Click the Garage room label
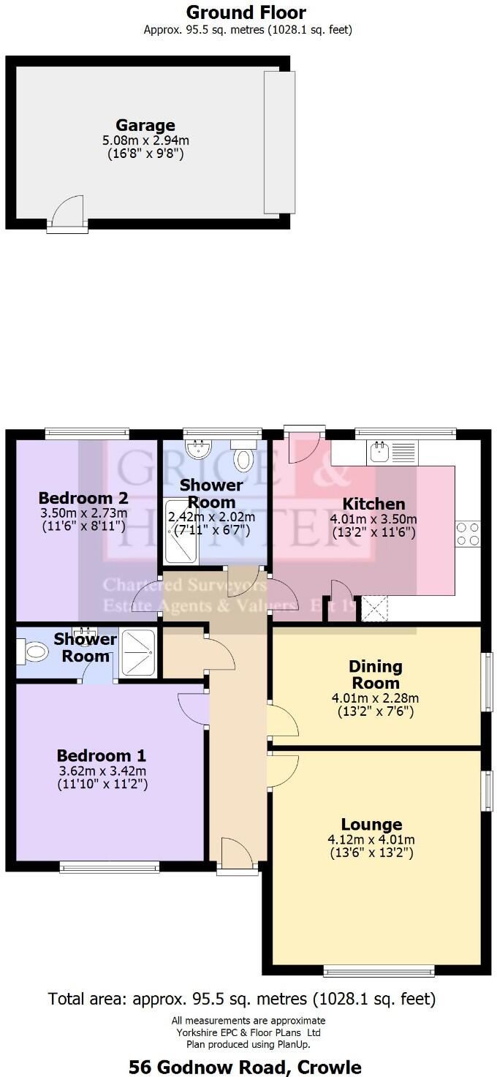click(x=145, y=125)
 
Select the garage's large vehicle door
click(x=280, y=142)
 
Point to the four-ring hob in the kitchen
click(x=468, y=534)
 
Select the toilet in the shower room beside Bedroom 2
click(x=243, y=458)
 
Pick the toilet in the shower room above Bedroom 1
click(x=34, y=650)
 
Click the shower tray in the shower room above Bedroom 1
click(x=137, y=652)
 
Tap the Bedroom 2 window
click(x=83, y=434)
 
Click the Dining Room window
click(x=486, y=681)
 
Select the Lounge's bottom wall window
click(x=379, y=971)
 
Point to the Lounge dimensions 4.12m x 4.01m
click(x=376, y=840)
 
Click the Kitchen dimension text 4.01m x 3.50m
click(x=373, y=521)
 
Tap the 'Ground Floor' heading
click(x=246, y=12)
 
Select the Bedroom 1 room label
click(x=102, y=755)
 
